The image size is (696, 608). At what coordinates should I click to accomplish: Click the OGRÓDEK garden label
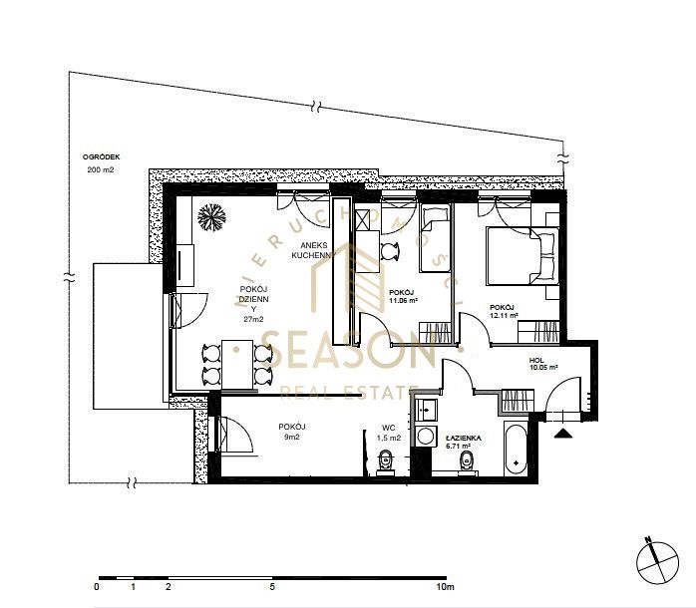pos(101,157)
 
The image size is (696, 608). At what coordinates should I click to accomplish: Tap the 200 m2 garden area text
pos(101,169)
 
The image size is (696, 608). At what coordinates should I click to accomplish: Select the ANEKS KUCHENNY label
pos(313,250)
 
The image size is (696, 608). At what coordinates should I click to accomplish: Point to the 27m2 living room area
pos(253,319)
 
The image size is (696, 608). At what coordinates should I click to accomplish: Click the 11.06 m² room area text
pos(403,300)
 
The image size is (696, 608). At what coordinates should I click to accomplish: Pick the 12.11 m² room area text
pos(504,316)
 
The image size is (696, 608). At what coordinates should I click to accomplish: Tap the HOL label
pos(536,361)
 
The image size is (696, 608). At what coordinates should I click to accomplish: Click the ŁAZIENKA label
pos(463,438)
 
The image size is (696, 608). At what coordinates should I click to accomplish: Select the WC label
pos(389,429)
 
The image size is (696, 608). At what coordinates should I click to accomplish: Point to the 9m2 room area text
pos(291,438)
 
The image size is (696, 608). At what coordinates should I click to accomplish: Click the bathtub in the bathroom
pos(516,450)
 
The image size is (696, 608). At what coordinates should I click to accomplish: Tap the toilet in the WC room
pos(385,461)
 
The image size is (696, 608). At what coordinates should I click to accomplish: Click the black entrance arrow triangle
pos(562,434)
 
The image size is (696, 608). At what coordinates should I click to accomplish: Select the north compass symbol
pos(657,562)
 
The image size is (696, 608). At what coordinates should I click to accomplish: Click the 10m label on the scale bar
pos(445,587)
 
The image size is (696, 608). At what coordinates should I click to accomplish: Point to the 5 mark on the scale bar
pos(272,587)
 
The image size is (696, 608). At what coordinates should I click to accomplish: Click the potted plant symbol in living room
pos(211,217)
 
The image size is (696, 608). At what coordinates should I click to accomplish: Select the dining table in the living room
pos(237,365)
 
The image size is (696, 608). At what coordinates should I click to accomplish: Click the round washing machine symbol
pos(426,436)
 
